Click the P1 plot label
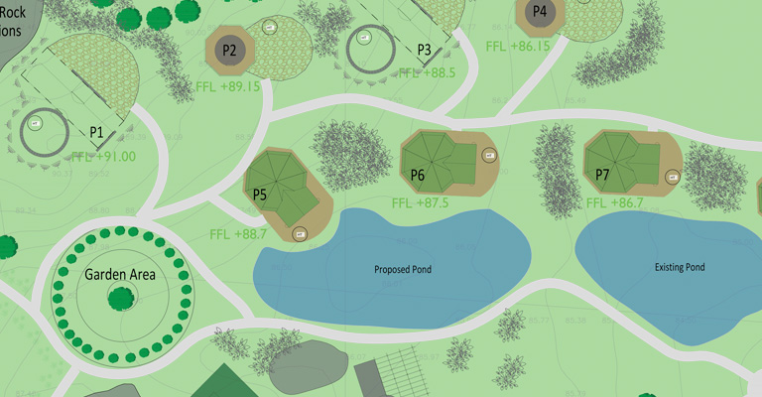[96, 131]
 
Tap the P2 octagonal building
[230, 49]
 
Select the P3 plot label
[424, 49]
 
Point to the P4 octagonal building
[540, 13]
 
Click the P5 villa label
[260, 195]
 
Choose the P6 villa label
[418, 176]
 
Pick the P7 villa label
[602, 175]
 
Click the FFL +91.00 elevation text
[103, 156]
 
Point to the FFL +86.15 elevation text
[518, 46]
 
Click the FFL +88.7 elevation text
[238, 234]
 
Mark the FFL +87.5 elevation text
[420, 202]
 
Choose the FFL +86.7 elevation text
[615, 202]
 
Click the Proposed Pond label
[403, 269]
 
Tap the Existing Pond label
[680, 267]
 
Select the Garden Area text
[120, 274]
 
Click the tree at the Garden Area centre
[122, 297]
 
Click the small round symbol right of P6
[488, 155]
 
